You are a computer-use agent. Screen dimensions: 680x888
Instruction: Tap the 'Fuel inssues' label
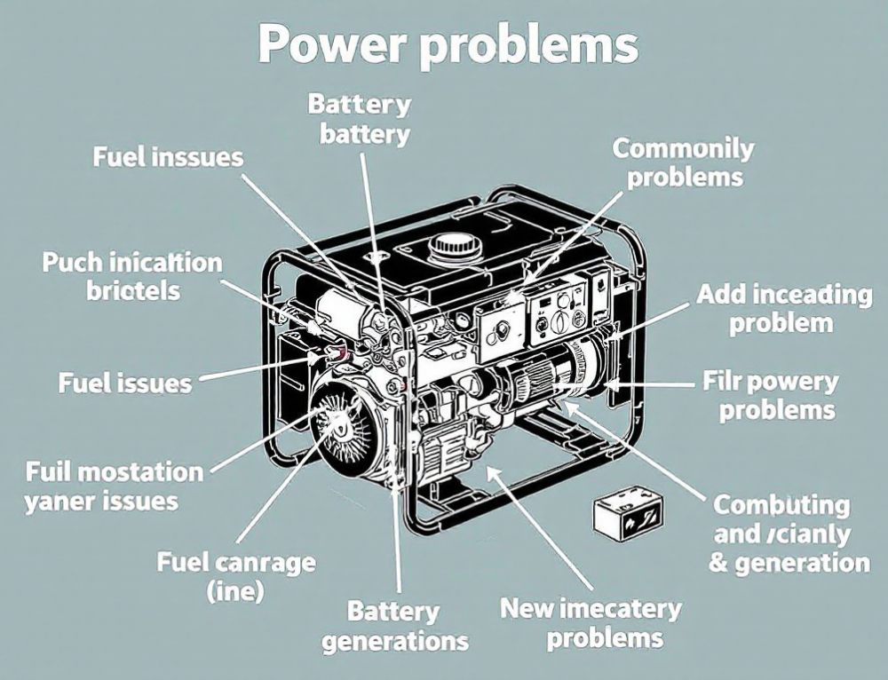[167, 157]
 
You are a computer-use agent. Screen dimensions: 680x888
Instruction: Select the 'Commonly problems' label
[683, 162]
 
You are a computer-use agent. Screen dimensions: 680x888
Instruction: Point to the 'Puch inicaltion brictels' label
[132, 276]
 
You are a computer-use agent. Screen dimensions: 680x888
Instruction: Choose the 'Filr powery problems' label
[777, 396]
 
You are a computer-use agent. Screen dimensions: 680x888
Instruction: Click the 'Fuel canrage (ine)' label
[235, 575]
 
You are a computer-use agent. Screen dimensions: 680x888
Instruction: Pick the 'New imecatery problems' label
[591, 622]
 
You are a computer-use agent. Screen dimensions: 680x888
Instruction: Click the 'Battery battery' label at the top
[359, 119]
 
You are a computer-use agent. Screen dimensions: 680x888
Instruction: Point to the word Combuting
[781, 505]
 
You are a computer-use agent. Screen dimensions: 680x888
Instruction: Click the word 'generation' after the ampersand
[801, 562]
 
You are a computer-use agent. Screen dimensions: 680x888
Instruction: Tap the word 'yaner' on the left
[60, 500]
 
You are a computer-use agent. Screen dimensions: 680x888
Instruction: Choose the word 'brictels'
[133, 290]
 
